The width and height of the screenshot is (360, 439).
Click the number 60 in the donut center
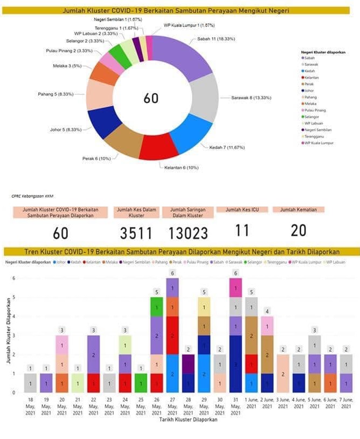click(x=151, y=98)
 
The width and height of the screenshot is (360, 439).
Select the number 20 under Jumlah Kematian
click(x=297, y=230)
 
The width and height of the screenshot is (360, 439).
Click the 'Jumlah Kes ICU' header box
click(x=242, y=209)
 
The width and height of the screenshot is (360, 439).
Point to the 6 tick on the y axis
click(x=15, y=278)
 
